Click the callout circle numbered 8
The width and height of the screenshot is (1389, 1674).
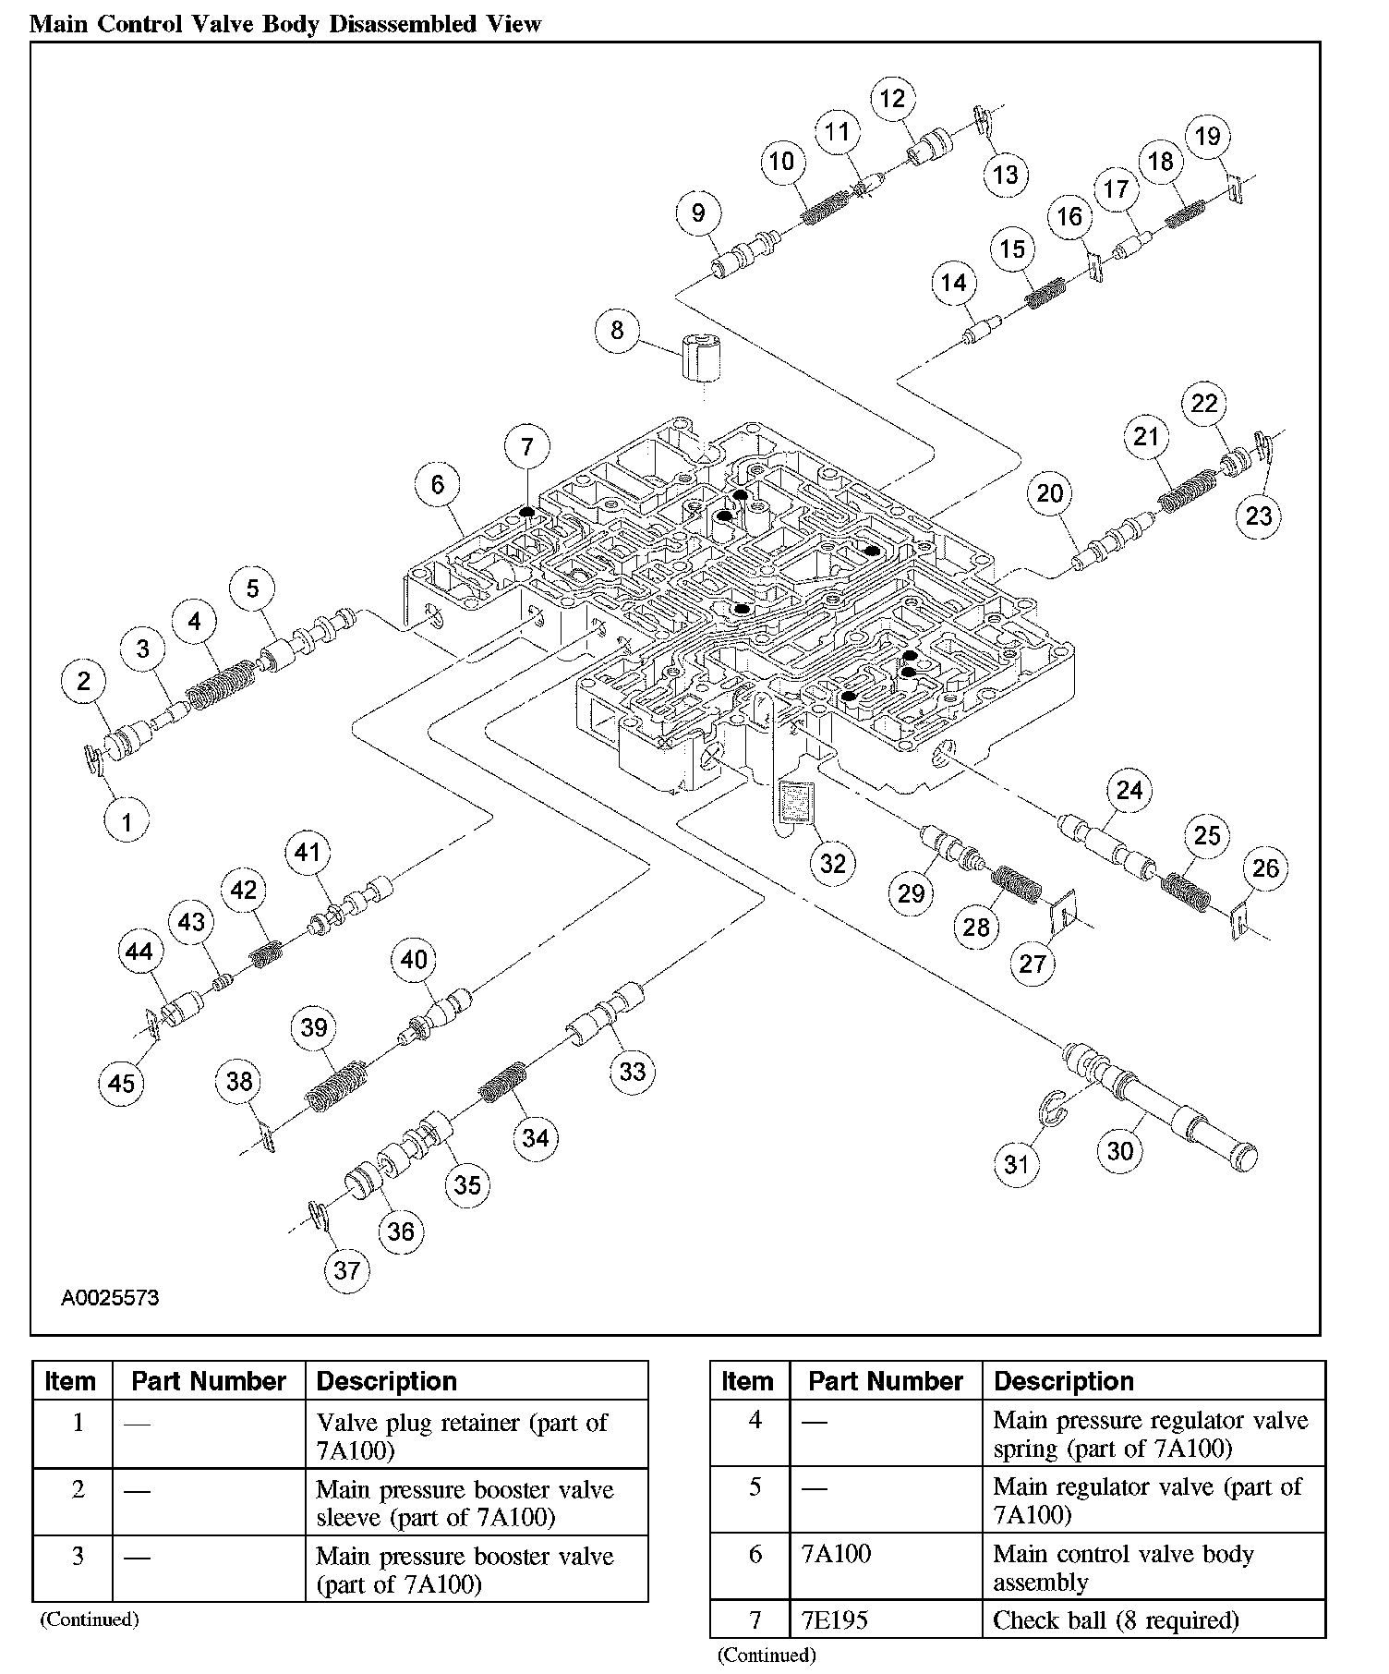617,330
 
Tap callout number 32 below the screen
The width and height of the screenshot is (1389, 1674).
832,863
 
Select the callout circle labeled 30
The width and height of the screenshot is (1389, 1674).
1119,1150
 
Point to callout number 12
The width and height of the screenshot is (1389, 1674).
892,99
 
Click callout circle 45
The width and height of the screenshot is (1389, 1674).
121,1082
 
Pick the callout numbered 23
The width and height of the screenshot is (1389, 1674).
1259,516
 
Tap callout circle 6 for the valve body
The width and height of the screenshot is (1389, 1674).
437,484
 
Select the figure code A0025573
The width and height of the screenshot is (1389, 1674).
110,1298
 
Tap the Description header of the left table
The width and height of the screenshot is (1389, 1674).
386,1381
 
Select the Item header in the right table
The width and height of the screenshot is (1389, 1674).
746,1381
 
